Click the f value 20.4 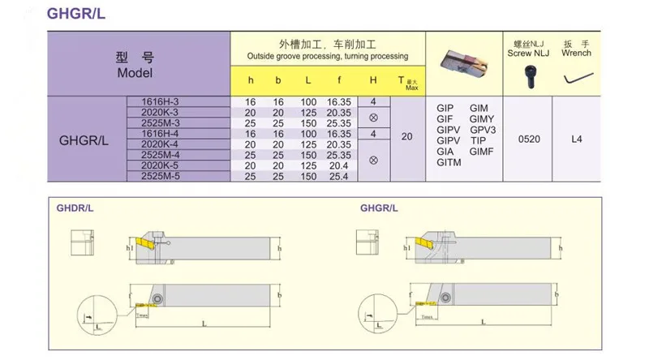click(337, 165)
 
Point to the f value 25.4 click(337, 175)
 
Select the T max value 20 click(407, 138)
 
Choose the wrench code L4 click(577, 139)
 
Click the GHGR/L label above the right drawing click(379, 208)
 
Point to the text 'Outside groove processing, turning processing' click(328, 56)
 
